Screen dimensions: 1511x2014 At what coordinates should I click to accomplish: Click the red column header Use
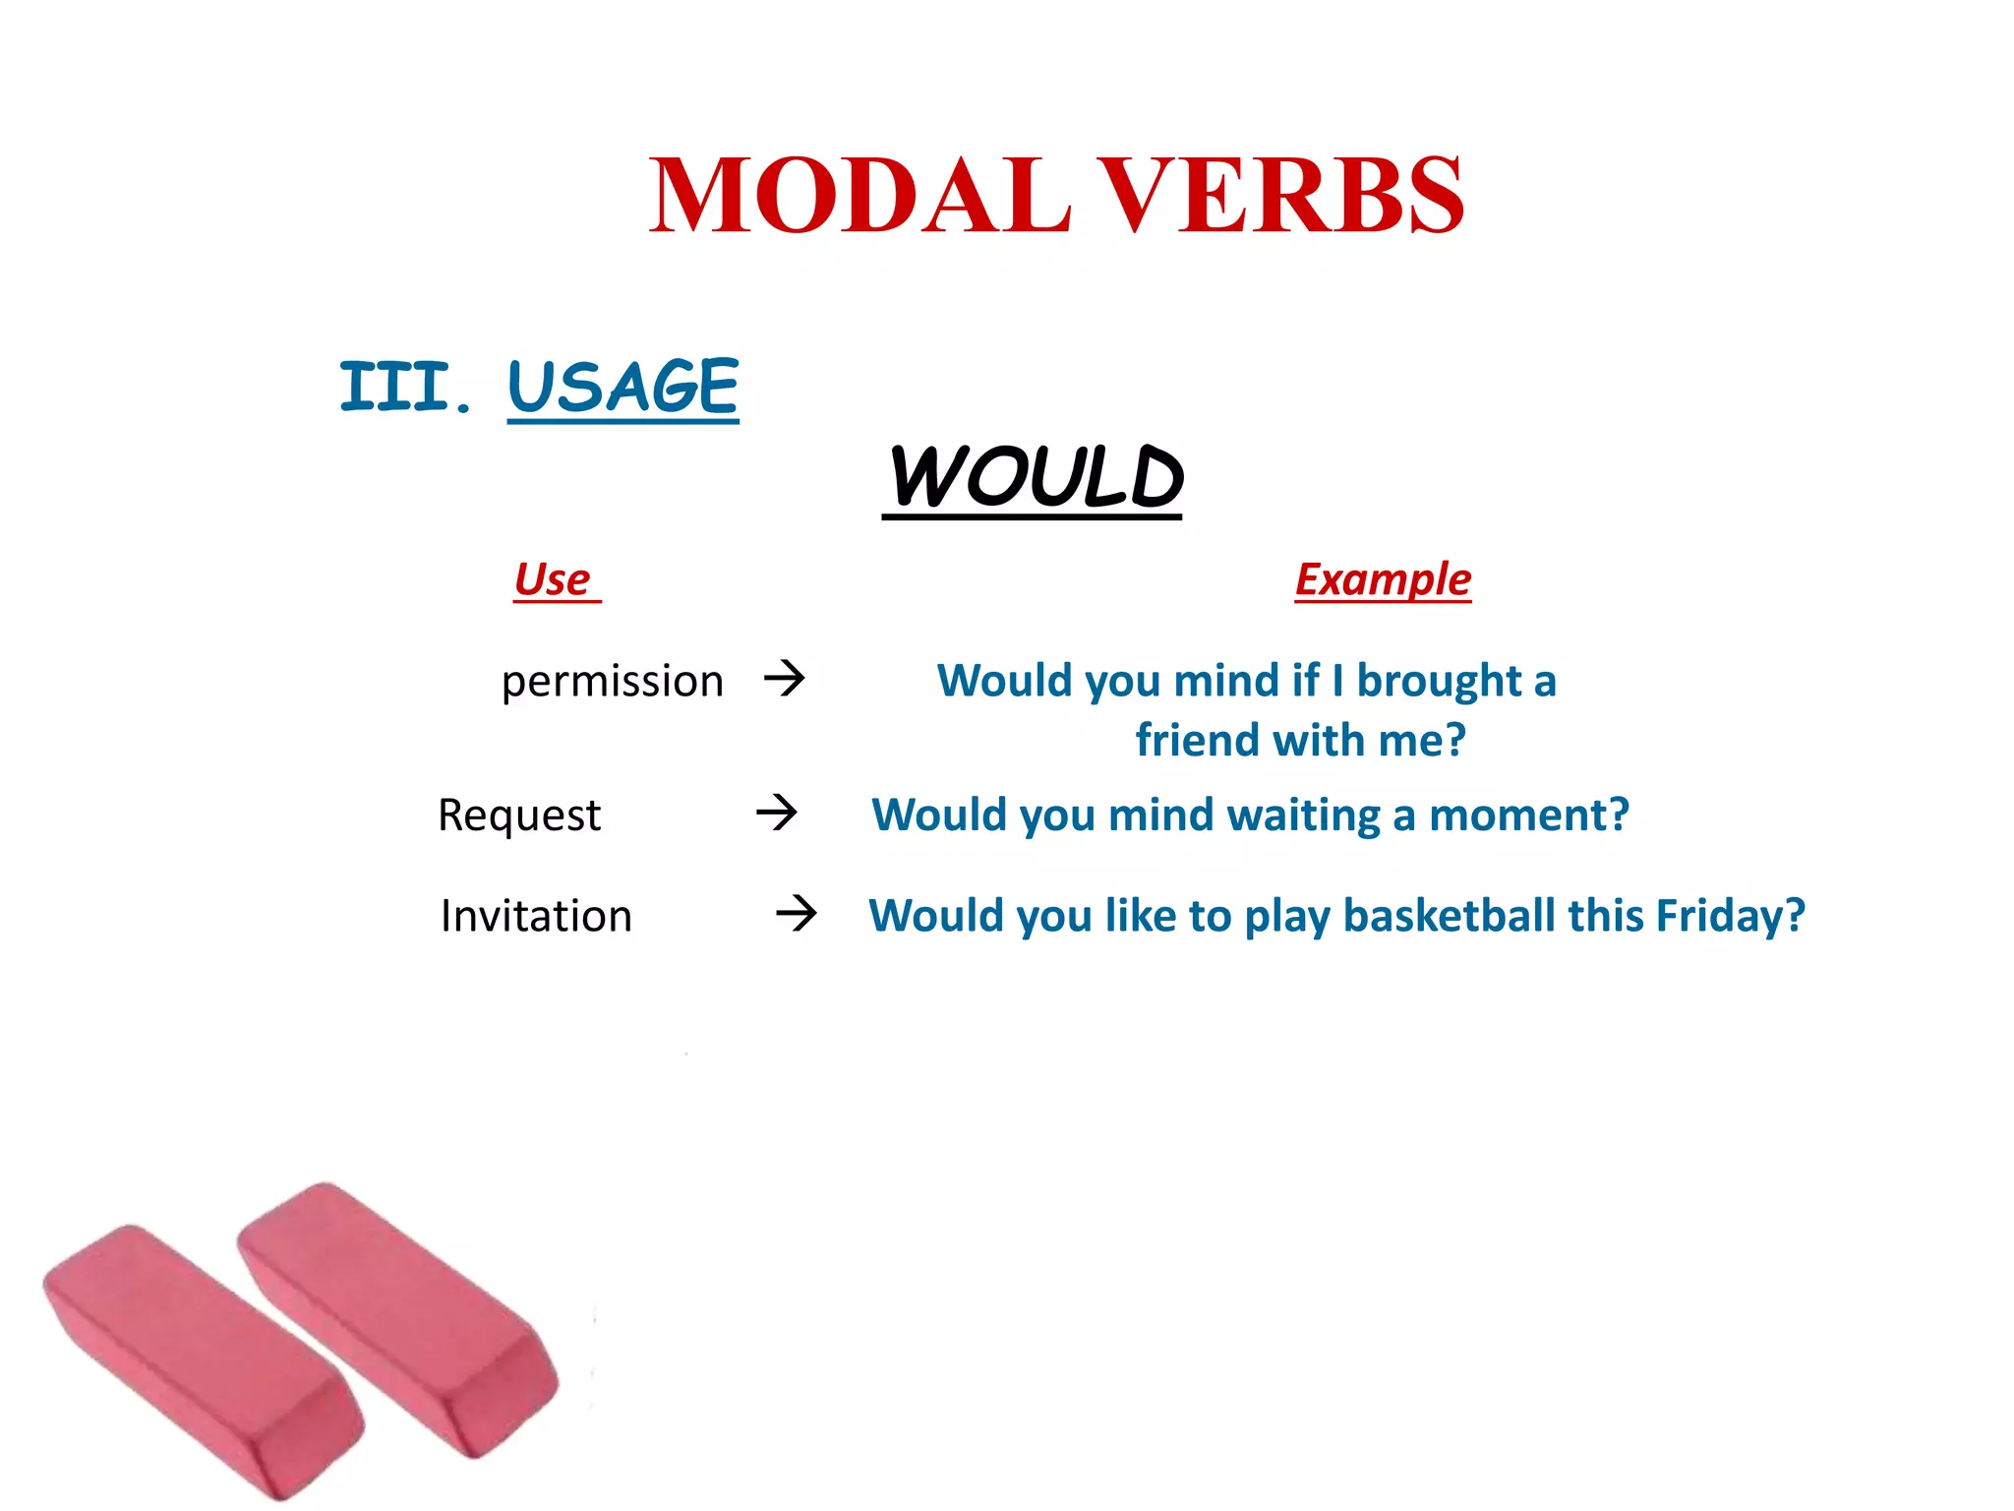click(x=553, y=578)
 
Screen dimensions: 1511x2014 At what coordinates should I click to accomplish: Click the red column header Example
click(x=1382, y=578)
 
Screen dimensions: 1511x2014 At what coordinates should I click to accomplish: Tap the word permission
click(x=612, y=681)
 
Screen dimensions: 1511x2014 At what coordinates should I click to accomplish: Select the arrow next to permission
click(x=785, y=678)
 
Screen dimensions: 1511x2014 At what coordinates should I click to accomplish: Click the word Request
click(x=518, y=815)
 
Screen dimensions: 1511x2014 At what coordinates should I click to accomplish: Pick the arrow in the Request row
click(x=777, y=813)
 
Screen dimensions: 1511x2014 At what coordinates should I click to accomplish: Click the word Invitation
click(x=536, y=916)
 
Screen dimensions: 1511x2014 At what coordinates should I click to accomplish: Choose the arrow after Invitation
click(x=797, y=914)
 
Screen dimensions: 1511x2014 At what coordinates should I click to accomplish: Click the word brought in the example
click(x=1439, y=681)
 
